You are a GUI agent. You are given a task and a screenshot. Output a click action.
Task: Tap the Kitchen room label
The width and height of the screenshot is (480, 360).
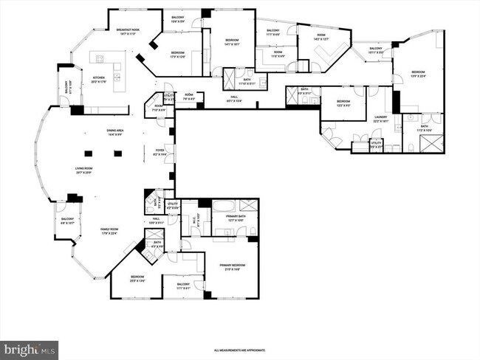[98, 77]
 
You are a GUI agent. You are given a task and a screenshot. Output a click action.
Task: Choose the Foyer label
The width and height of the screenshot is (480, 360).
[160, 153]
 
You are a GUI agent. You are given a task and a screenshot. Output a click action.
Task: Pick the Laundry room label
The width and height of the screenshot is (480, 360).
[381, 119]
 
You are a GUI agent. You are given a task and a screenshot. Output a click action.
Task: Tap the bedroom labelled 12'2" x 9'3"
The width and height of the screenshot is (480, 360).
[343, 103]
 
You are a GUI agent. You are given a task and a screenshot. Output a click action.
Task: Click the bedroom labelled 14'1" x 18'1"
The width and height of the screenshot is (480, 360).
[231, 43]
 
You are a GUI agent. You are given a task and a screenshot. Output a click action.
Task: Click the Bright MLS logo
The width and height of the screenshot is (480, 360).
[30, 347]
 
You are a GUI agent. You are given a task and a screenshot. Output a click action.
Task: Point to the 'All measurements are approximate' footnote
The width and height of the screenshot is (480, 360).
[239, 350]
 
